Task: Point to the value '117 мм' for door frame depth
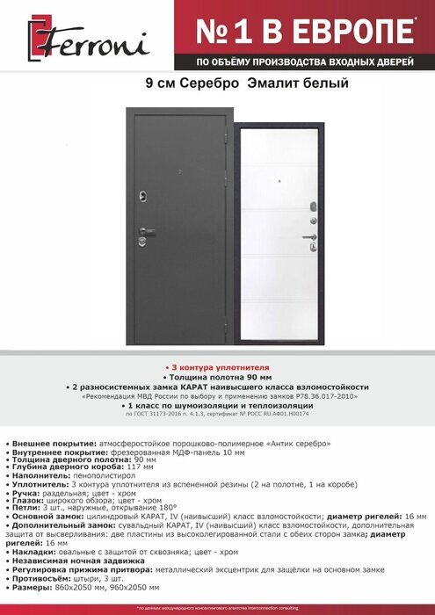pos(120,467)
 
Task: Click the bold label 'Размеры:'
pos(34,586)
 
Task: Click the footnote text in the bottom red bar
pos(217,608)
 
